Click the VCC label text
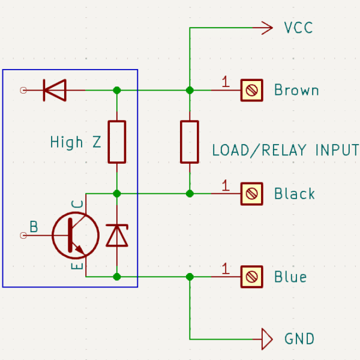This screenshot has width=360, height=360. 298,28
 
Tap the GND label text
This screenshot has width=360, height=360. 299,338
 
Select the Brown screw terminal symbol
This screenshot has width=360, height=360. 251,90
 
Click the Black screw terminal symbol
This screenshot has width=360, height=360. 251,194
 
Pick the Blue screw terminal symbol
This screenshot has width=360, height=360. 251,277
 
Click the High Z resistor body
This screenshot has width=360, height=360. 117,142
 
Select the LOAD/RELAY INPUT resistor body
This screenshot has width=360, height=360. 190,142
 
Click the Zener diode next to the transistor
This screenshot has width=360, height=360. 117,236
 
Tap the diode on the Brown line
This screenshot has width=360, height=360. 55,90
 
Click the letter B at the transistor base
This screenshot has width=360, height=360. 34,227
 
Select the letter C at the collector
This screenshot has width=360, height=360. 77,204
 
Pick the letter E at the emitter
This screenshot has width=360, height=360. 77,266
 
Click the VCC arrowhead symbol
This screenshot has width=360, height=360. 267,28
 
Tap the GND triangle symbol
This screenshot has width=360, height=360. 267,339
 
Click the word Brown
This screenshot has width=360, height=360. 296,90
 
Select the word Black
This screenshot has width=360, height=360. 295,193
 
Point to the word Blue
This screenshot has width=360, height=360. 290,277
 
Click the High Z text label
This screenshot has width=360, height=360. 76,142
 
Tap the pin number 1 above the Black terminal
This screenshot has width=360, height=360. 226,185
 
